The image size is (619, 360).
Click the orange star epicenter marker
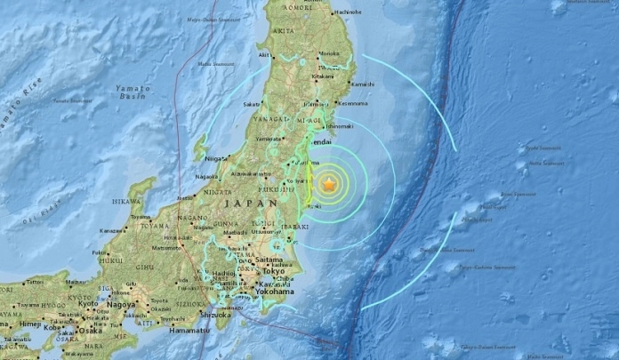point(330,184)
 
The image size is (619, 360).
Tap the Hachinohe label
point(348,12)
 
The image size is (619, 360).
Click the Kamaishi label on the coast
point(362,84)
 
